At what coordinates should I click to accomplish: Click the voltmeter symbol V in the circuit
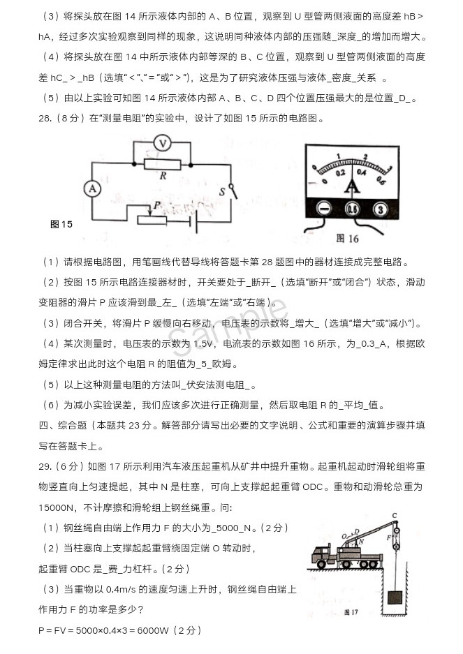[162, 143]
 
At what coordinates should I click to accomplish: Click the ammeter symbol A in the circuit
[91, 189]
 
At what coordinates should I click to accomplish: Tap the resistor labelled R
[163, 164]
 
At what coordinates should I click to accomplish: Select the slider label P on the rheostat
[158, 205]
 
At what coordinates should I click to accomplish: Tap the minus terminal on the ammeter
[324, 208]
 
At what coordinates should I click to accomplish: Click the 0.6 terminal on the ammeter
[352, 208]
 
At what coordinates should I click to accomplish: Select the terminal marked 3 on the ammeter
[380, 208]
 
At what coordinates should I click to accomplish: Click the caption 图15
[62, 224]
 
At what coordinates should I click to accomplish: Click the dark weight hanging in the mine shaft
[395, 597]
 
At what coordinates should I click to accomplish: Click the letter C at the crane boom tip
[395, 516]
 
